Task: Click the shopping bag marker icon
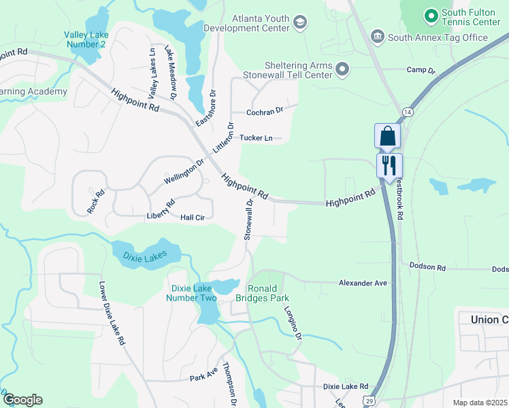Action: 387,136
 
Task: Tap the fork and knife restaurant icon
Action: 389,165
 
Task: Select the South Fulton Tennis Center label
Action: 471,18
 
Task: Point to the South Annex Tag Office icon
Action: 377,36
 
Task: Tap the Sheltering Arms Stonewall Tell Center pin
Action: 342,69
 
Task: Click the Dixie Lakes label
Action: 145,256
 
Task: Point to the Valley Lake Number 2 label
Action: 85,39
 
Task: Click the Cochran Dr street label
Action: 265,112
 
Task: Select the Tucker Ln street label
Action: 256,138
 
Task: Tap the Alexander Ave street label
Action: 363,283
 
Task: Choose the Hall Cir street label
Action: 193,218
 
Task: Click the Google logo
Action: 22,400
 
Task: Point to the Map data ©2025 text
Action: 479,403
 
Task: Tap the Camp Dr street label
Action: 421,70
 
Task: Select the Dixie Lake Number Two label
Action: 193,293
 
